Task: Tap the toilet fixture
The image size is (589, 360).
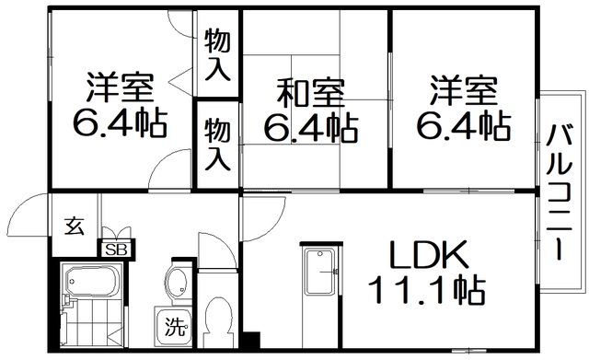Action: coord(217,320)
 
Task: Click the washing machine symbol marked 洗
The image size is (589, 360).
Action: coord(174,325)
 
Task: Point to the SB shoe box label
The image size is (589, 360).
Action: coord(117,249)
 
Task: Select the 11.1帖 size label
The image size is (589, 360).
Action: coord(426,291)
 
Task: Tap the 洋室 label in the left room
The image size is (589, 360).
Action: coord(121,88)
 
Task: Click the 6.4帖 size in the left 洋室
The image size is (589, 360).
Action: coord(121,123)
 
